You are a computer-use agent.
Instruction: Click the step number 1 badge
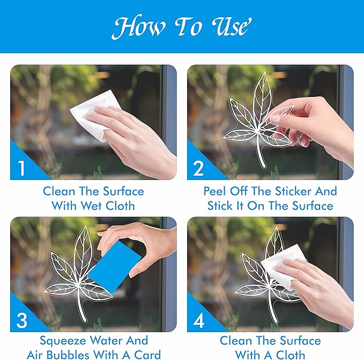click(21, 168)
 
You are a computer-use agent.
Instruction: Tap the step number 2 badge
click(198, 168)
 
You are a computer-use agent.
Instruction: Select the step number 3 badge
click(21, 320)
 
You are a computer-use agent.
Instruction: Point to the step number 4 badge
click(198, 320)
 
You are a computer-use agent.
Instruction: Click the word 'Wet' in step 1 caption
click(95, 206)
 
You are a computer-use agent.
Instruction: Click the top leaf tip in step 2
click(263, 73)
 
